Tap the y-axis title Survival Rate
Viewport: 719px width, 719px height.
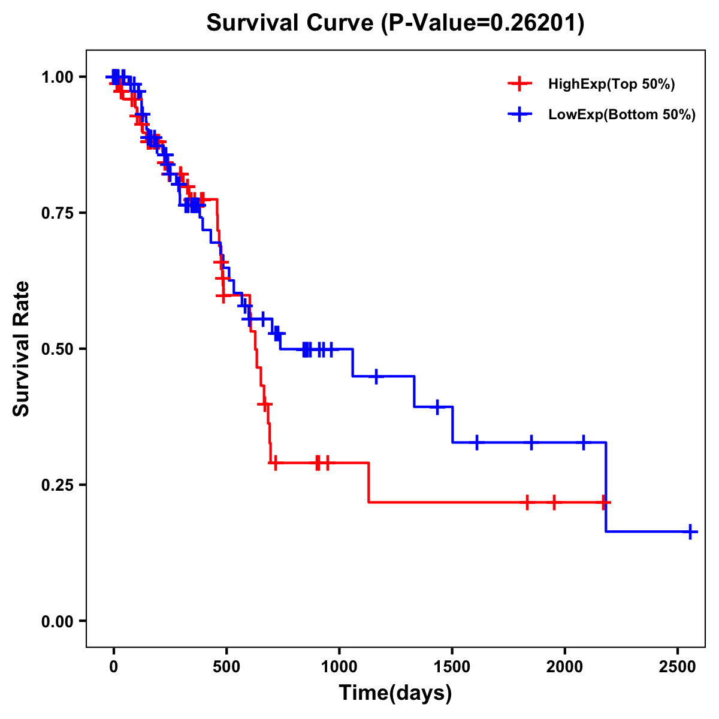click(x=22, y=348)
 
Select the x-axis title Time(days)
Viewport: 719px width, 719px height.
click(x=395, y=693)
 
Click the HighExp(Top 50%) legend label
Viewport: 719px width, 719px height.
click(x=611, y=84)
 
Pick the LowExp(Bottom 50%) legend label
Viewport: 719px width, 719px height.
click(x=622, y=115)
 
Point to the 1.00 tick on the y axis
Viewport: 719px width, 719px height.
click(x=58, y=77)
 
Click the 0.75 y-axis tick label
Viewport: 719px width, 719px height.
click(x=58, y=213)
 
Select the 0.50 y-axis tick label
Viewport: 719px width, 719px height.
click(x=58, y=349)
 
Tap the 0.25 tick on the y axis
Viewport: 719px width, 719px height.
click(x=58, y=485)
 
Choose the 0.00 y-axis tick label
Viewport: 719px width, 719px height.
click(x=58, y=621)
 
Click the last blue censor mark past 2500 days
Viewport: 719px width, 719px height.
click(x=690, y=531)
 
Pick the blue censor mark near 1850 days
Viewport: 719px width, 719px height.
click(x=531, y=442)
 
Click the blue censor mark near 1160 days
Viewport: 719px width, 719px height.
click(x=376, y=376)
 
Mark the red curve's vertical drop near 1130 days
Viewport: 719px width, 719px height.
click(x=368, y=482)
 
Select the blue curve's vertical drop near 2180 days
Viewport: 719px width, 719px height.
click(x=606, y=487)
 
